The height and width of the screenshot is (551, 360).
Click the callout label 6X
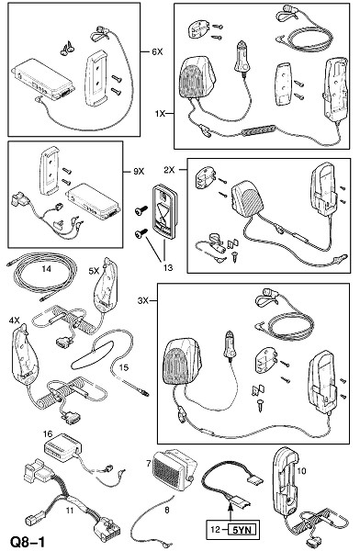pos(157,52)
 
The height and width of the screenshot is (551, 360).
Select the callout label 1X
pos(160,114)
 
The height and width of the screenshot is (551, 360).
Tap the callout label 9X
pos(139,172)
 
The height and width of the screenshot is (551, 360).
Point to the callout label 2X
pos(169,170)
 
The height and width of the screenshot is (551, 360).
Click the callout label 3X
pos(143,301)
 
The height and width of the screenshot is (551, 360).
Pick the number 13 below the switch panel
pos(168,268)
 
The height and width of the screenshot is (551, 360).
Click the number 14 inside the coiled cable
pos(46,269)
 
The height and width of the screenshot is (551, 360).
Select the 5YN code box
pos(242,530)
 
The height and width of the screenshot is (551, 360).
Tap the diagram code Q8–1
pos(28,542)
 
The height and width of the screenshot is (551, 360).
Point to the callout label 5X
pos(95,271)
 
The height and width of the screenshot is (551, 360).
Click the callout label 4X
pos(15,320)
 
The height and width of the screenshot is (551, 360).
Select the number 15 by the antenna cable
pos(124,367)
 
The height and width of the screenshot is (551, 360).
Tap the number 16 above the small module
pos(48,433)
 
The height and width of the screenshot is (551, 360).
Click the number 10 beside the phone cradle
pos(301,470)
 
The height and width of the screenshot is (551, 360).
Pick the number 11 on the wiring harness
pos(69,510)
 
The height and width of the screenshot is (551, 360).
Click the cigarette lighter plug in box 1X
pos(242,56)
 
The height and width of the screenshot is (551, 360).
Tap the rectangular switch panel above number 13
pos(163,213)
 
